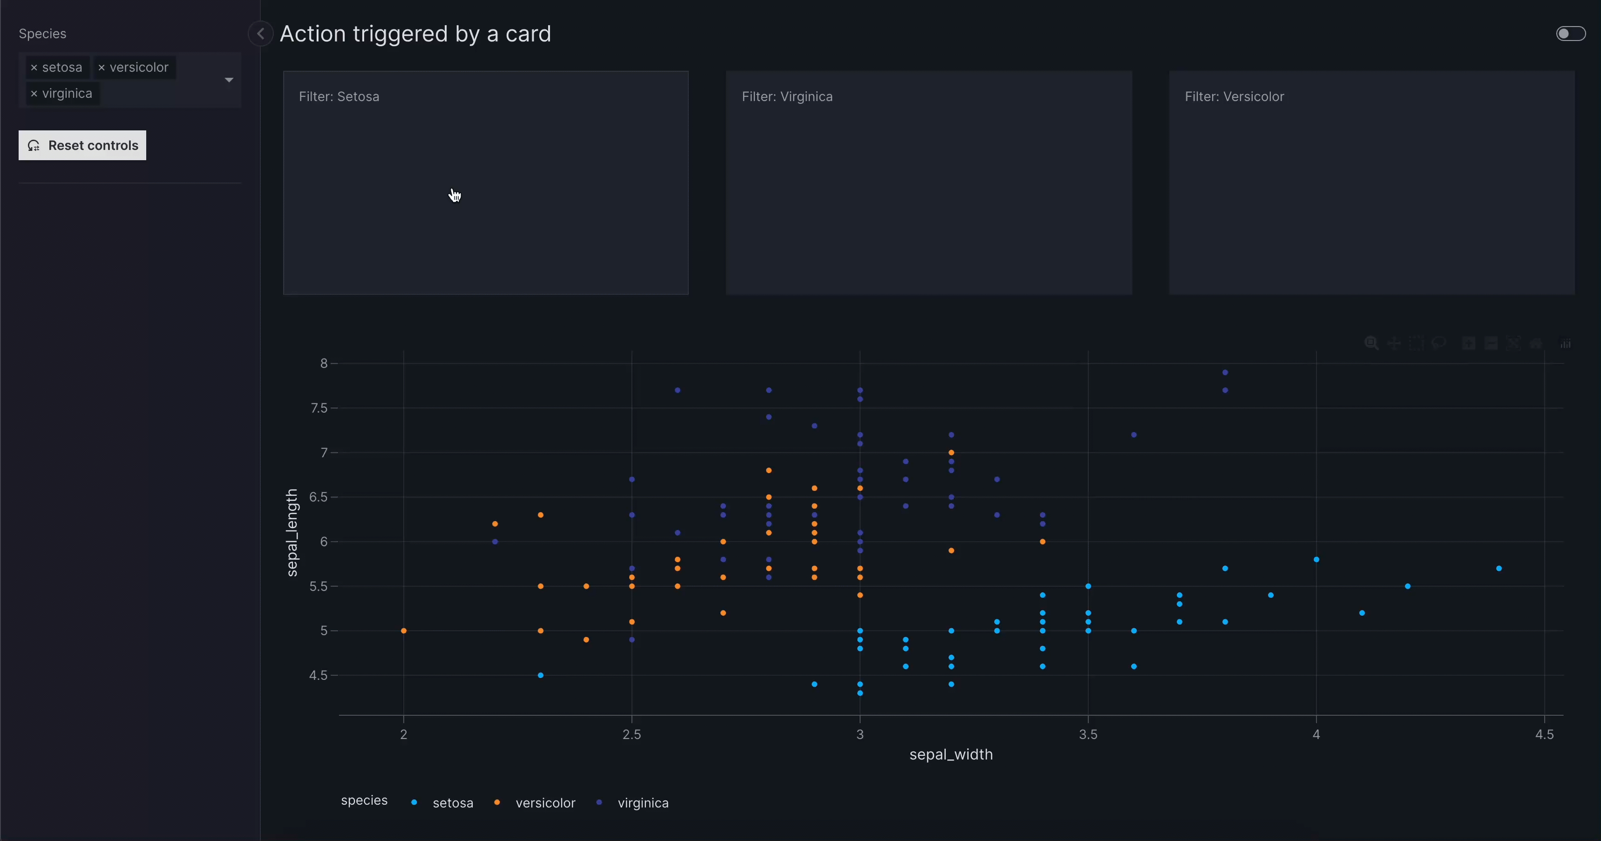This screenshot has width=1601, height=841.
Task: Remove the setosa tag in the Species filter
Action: pyautogui.click(x=34, y=68)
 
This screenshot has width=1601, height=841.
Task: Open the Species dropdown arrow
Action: pyautogui.click(x=229, y=80)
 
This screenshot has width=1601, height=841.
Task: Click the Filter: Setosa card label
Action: pyautogui.click(x=339, y=97)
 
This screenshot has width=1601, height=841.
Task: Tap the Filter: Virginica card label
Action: pyautogui.click(x=787, y=97)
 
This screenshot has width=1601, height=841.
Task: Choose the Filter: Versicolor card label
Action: pyautogui.click(x=1234, y=97)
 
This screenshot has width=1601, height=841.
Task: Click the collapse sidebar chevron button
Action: pyautogui.click(x=260, y=34)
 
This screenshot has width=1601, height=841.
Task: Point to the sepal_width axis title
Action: pyautogui.click(x=951, y=754)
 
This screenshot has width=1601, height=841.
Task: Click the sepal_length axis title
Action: pyautogui.click(x=292, y=533)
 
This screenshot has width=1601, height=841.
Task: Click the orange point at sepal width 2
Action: pyautogui.click(x=404, y=631)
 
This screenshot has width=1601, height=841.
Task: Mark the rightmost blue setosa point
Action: pyautogui.click(x=1499, y=569)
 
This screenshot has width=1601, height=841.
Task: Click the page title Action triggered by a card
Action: pyautogui.click(x=415, y=34)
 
